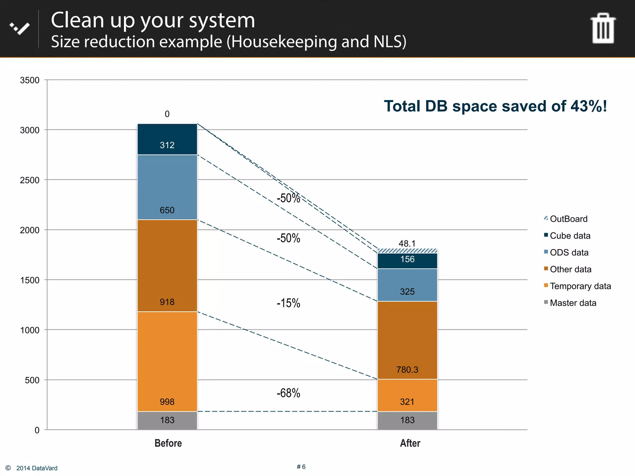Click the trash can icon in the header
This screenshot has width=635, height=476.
[x=603, y=29]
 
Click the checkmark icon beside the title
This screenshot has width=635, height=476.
[x=20, y=29]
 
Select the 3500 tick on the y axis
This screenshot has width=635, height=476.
[x=30, y=80]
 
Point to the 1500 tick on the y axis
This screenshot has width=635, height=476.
[x=30, y=280]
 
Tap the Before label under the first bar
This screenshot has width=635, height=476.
[x=168, y=443]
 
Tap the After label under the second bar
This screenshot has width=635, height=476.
[x=410, y=443]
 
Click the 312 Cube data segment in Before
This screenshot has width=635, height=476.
[x=167, y=139]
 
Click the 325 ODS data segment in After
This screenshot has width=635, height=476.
[x=407, y=285]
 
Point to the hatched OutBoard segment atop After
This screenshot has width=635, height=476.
[x=407, y=251]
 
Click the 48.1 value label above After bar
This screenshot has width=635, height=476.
[x=407, y=244]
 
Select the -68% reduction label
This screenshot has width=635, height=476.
[x=288, y=393]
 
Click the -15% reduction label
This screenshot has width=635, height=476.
[x=288, y=303]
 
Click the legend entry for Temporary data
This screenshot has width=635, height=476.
[x=580, y=286]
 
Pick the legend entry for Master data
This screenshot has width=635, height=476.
[x=572, y=303]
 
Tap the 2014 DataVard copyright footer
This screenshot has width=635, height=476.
[x=37, y=468]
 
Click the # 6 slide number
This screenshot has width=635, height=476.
[x=301, y=467]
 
